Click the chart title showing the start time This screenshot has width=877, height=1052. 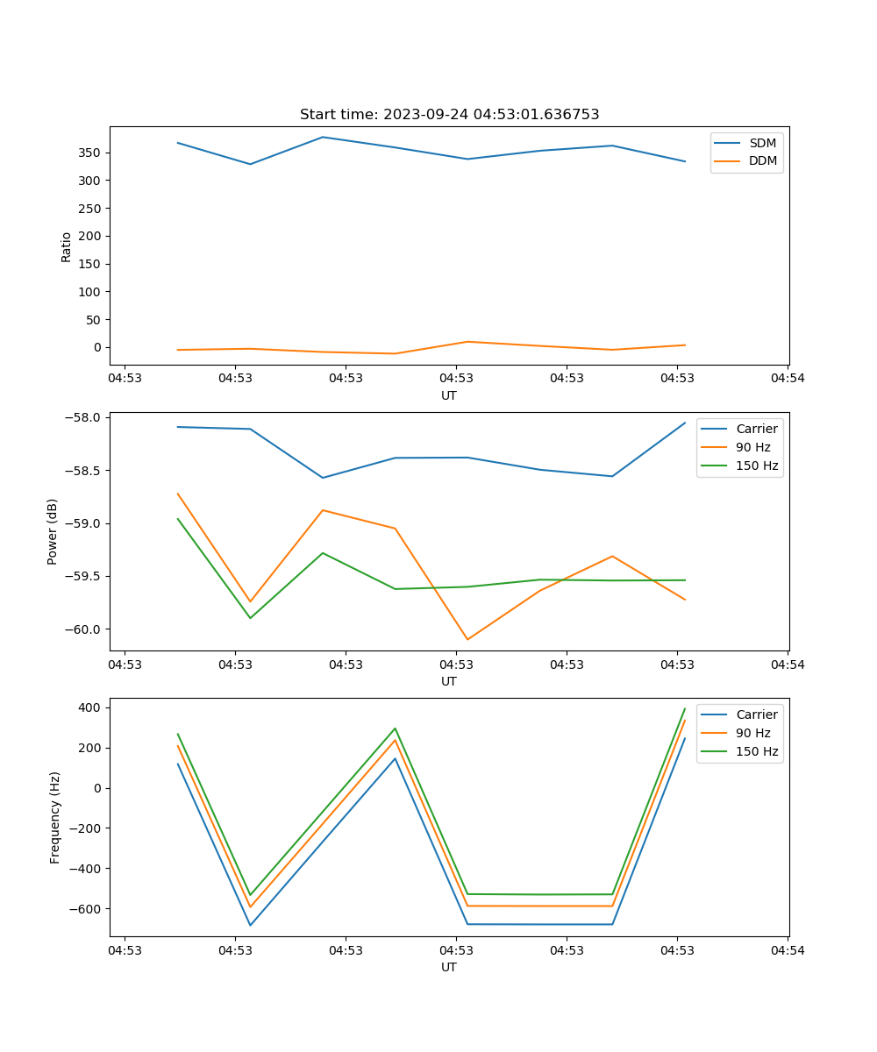(x=449, y=115)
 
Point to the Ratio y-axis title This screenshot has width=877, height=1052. (x=67, y=246)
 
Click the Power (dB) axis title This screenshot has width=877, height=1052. (x=53, y=531)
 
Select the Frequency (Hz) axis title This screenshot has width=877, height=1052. (x=55, y=817)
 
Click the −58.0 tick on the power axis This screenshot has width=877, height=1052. (x=84, y=417)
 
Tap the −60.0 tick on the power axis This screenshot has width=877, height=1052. (x=84, y=629)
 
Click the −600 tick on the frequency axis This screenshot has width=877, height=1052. (x=87, y=909)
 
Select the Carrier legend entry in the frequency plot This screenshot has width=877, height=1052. (x=756, y=714)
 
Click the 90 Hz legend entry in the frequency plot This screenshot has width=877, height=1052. (x=753, y=733)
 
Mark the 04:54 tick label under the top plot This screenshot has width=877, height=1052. (x=787, y=379)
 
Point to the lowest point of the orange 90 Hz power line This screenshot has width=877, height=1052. (x=467, y=639)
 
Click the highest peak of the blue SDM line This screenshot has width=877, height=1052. (x=323, y=137)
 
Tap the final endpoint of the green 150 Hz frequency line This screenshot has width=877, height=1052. (x=685, y=708)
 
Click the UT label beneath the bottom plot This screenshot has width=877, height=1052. (x=449, y=967)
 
